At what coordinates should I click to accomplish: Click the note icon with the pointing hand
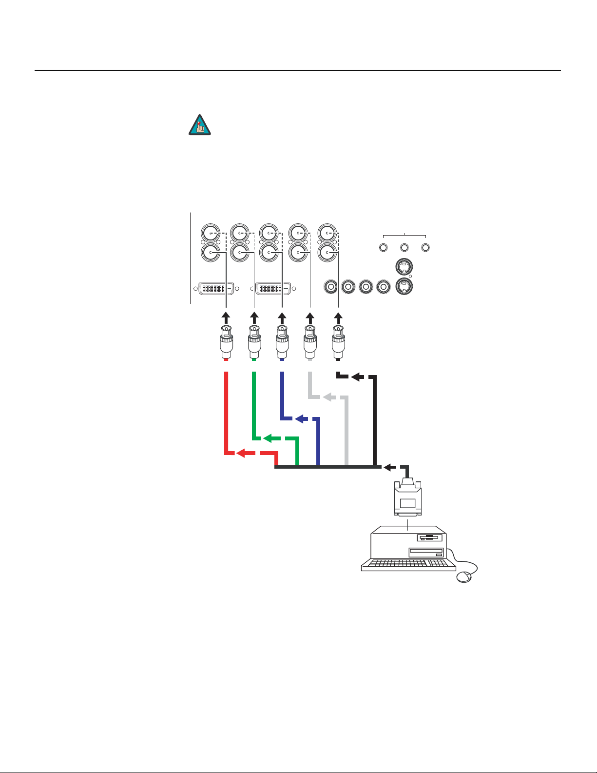199,125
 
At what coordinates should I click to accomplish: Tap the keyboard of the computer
408,564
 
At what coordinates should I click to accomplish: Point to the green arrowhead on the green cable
268,438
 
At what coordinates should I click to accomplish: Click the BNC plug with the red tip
226,341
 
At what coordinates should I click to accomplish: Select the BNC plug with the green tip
254,341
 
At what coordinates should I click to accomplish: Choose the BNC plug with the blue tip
282,341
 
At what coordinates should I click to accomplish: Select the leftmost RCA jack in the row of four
331,287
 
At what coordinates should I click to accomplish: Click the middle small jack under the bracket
404,248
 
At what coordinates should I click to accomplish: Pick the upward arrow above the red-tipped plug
226,316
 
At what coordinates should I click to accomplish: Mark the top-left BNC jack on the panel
211,234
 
